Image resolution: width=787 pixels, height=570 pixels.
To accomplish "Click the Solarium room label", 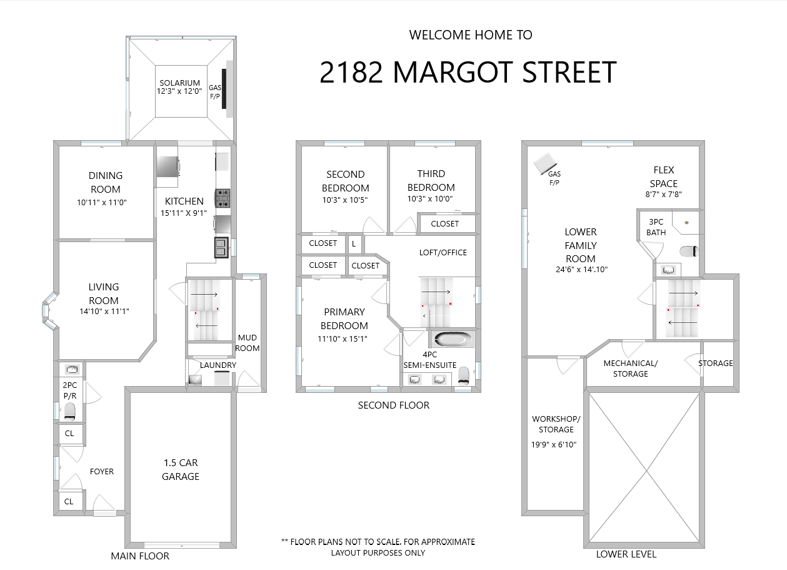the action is tap(179, 83).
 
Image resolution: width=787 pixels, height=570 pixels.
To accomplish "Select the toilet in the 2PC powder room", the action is tap(70, 412).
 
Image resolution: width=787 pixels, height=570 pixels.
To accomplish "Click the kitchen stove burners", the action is tap(223, 198).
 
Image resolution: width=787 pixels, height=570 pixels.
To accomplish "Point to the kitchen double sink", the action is tap(221, 248).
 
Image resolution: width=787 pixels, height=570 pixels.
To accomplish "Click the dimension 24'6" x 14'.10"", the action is tap(581, 270).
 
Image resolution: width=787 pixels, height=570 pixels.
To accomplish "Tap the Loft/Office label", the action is tap(443, 253).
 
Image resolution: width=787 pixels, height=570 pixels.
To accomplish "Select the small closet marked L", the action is tap(354, 243).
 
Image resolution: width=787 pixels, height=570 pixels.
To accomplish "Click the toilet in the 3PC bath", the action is tap(689, 252).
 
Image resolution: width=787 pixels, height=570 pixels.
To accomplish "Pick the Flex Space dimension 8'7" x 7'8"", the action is tap(663, 194).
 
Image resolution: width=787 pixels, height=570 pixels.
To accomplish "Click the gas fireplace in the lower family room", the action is tap(545, 163).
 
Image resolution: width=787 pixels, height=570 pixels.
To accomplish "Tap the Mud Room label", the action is tap(248, 343).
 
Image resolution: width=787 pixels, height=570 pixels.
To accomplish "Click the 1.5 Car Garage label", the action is tap(181, 469).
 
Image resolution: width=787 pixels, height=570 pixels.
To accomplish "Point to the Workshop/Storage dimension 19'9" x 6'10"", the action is tap(554, 445).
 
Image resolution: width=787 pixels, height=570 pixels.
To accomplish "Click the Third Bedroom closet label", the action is tap(445, 223).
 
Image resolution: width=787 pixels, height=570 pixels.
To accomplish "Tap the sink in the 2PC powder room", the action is tap(72, 369).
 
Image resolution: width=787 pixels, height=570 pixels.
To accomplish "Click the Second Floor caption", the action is tap(394, 405).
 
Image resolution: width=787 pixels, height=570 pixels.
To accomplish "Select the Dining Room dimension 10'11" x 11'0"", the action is tap(101, 203).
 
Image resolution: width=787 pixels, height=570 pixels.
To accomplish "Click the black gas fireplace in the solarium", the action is tap(224, 89).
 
